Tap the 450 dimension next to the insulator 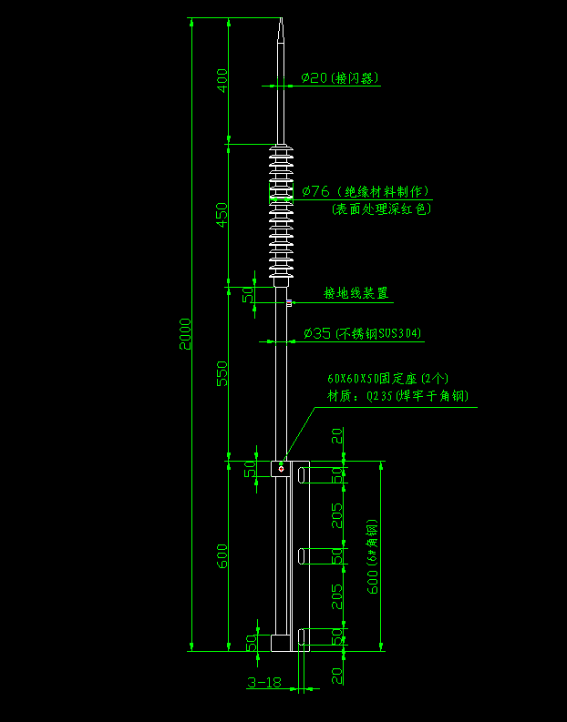tap(222, 215)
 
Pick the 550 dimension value tap(222, 373)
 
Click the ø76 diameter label tap(314, 191)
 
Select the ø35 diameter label tap(315, 333)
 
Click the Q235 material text tap(377, 395)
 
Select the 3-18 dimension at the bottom tap(263, 681)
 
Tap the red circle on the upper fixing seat tap(282, 469)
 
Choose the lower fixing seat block tap(281, 641)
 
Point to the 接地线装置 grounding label tap(356, 293)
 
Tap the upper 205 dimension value tap(337, 515)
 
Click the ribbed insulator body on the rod tap(281, 209)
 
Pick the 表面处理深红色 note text tap(381, 209)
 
